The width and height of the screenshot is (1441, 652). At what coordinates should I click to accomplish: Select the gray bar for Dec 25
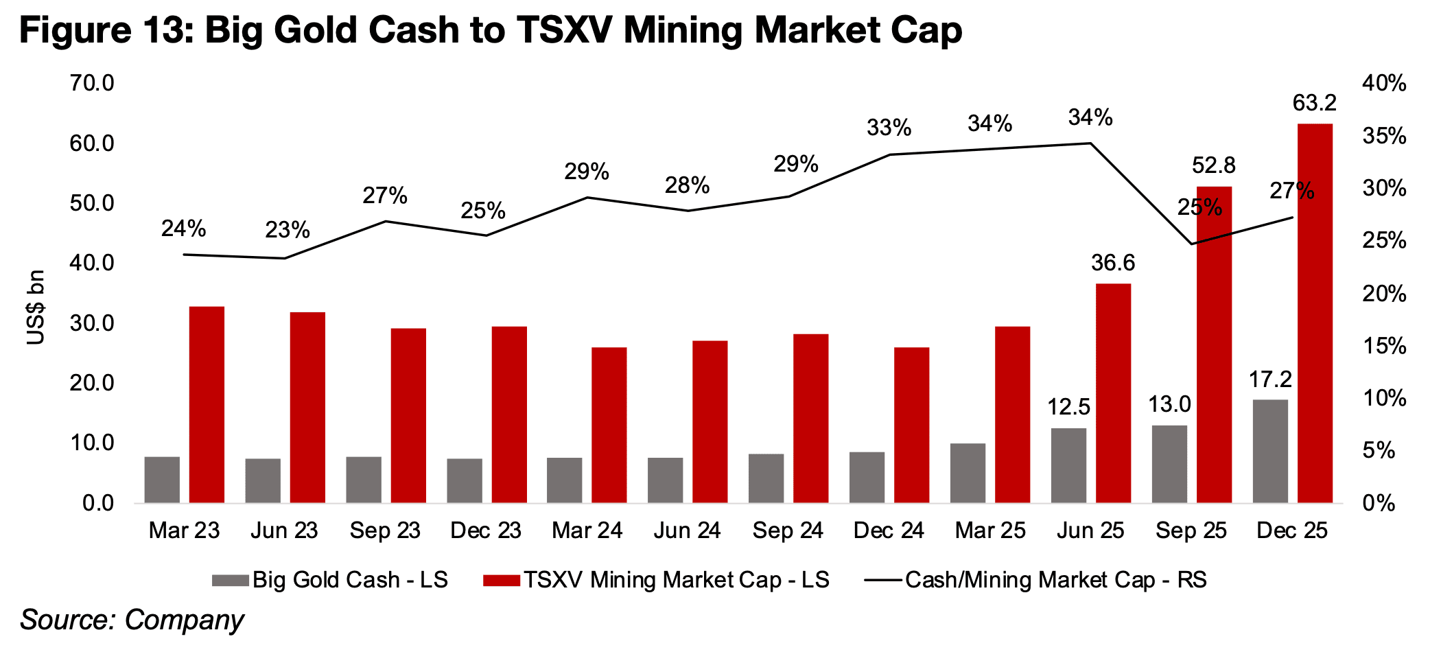[x=1270, y=451]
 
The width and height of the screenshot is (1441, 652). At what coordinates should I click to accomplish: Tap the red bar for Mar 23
[x=207, y=404]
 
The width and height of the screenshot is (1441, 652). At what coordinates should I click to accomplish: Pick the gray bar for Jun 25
[x=1068, y=465]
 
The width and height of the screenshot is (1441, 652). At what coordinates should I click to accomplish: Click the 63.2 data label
[x=1314, y=103]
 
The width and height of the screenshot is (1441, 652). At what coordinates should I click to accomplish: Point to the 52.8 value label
[x=1213, y=165]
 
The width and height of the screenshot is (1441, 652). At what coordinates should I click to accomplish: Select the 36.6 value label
[x=1113, y=263]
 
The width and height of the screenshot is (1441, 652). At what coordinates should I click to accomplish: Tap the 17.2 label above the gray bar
[x=1270, y=380]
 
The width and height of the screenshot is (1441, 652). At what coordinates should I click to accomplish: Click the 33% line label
[x=889, y=128]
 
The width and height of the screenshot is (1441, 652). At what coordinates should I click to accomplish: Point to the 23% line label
[x=288, y=230]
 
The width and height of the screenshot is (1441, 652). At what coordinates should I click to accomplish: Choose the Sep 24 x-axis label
[x=788, y=531]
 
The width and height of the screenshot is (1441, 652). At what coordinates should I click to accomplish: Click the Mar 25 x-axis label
[x=989, y=531]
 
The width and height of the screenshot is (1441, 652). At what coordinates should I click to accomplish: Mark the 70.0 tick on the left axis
[x=92, y=84]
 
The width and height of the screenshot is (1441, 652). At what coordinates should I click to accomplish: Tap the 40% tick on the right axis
[x=1383, y=84]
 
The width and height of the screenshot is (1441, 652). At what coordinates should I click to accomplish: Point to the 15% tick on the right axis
[x=1383, y=346]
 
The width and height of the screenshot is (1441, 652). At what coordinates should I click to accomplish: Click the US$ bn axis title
[x=36, y=307]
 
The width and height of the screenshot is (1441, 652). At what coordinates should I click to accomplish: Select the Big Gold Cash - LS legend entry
[x=330, y=580]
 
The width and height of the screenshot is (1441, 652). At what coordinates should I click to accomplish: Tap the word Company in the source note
[x=184, y=620]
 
